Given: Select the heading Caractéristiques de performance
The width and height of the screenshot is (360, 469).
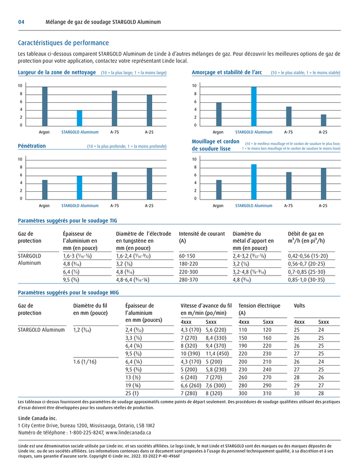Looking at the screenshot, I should pos(63,43).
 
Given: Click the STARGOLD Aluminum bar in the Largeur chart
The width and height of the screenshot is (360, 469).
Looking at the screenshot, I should pos(80,118).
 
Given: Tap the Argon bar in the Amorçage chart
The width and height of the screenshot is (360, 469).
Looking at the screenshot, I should pos(219,114).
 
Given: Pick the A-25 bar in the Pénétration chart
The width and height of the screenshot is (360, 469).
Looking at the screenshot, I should pos(149,183).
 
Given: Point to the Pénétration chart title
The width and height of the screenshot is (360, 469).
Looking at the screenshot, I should pos(32,146).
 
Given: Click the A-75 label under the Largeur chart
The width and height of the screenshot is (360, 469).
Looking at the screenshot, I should pos(115,132).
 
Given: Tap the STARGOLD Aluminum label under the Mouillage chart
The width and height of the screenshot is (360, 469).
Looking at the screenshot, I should pos(254,206).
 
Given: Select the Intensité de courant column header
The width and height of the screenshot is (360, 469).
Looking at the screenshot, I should pos(202,233).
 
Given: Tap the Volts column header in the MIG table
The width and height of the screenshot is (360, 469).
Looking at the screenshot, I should pos(299,305).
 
